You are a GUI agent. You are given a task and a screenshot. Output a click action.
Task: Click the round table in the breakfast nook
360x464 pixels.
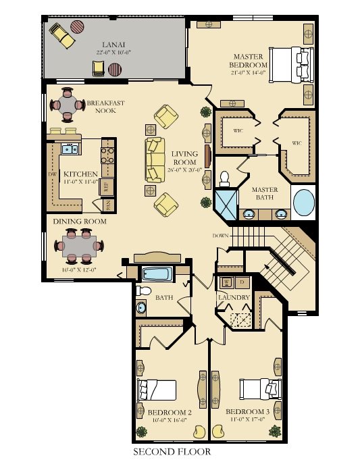(x=68, y=104)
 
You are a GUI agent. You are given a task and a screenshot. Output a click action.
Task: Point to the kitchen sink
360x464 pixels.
(x=69, y=149)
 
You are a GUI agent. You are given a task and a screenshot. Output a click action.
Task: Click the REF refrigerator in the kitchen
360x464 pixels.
(x=107, y=186)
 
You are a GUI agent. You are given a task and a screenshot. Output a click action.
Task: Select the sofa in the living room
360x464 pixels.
(x=155, y=159)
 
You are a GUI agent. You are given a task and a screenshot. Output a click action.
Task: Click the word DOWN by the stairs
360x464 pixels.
(x=220, y=236)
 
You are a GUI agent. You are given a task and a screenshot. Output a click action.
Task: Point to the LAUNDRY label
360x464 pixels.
(x=234, y=298)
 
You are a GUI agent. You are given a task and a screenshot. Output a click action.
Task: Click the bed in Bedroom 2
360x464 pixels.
(x=157, y=390)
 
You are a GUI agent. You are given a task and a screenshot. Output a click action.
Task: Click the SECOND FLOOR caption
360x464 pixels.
(x=171, y=451)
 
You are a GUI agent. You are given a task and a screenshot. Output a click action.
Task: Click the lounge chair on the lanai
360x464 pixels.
(x=62, y=34)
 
